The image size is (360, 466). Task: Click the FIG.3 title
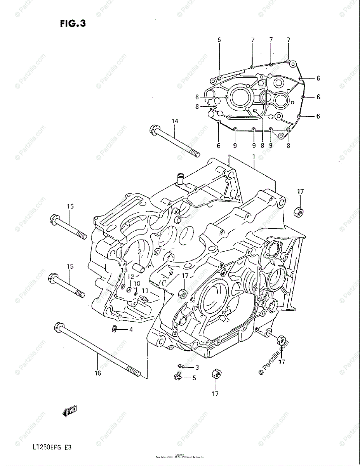tap(73, 24)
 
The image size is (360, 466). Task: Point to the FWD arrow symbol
tap(70, 410)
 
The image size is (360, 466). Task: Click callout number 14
tap(175, 122)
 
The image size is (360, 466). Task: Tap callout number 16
tap(97, 373)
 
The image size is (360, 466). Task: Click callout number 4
tap(131, 330)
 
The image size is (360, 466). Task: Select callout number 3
tap(197, 367)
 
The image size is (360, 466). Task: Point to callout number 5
tap(194, 377)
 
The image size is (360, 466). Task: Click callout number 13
tap(124, 270)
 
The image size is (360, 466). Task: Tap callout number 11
tap(145, 290)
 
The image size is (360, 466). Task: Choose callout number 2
tap(139, 252)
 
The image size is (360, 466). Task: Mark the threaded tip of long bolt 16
tap(134, 374)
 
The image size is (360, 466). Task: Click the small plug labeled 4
tap(114, 329)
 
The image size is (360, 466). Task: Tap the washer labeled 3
tap(181, 366)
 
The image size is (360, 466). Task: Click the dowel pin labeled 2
tap(139, 268)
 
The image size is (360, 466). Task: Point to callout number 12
tap(131, 277)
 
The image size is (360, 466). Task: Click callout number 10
tap(136, 283)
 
